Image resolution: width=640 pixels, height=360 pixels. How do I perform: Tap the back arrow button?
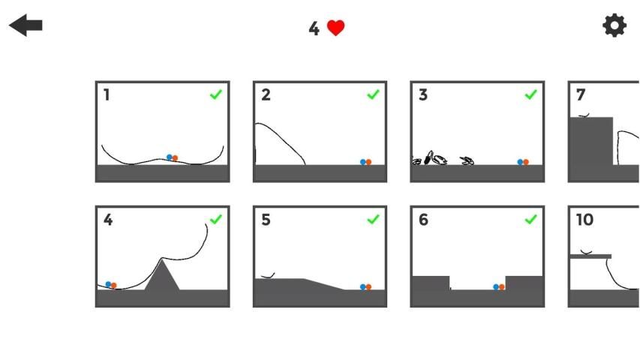[26, 25]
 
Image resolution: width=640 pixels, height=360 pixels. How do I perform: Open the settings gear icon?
[614, 25]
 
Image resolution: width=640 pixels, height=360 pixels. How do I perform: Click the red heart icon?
[336, 28]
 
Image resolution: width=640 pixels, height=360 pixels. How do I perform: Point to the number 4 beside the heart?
[314, 28]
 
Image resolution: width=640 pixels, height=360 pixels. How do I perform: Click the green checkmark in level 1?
[215, 94]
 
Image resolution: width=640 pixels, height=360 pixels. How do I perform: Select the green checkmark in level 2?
[373, 94]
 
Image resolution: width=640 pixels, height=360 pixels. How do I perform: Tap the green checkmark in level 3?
[530, 94]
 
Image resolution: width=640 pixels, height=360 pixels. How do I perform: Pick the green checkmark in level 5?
[373, 220]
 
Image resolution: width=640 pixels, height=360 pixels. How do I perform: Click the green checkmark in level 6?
[530, 220]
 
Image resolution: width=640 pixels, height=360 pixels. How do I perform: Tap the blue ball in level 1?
[170, 157]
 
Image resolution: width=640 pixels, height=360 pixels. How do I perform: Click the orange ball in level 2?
[368, 162]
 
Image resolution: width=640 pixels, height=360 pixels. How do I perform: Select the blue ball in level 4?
[108, 284]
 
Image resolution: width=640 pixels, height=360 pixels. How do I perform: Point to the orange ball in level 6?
[502, 287]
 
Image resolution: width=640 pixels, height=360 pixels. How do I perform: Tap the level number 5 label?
[266, 220]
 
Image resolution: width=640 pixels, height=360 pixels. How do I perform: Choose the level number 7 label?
[581, 95]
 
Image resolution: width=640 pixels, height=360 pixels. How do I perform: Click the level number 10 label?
[584, 220]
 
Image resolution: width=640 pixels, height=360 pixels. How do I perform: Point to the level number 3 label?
[423, 95]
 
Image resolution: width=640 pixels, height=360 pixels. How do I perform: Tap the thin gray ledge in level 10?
[590, 256]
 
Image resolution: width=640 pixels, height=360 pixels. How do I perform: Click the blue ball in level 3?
[520, 162]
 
